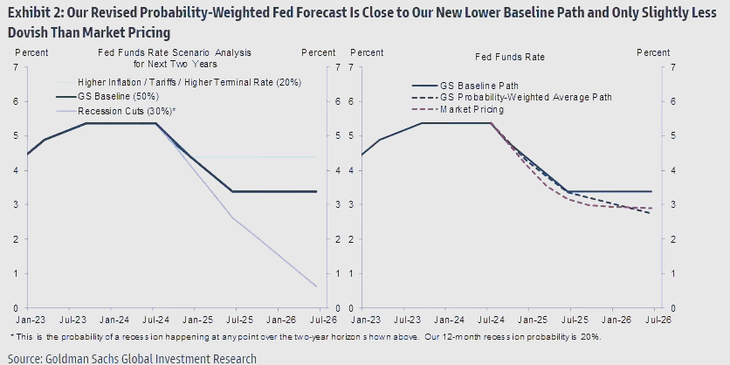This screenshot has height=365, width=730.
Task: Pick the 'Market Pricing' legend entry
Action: pyautogui.click(x=472, y=109)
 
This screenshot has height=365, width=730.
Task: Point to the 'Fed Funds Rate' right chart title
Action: pyautogui.click(x=510, y=57)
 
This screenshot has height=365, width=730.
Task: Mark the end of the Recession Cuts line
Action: pyautogui.click(x=316, y=286)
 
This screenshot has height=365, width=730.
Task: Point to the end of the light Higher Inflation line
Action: pyautogui.click(x=316, y=157)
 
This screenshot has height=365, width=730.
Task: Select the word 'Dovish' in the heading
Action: pyautogui.click(x=26, y=31)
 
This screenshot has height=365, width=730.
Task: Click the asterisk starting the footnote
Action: pyautogui.click(x=11, y=336)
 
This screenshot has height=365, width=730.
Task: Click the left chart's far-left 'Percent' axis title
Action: pyautogui.click(x=31, y=53)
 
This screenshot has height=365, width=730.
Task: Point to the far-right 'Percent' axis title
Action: pyautogui.click(x=653, y=53)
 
